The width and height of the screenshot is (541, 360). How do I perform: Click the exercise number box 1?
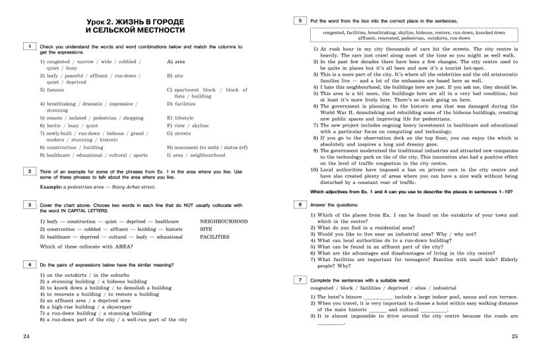click(30, 47)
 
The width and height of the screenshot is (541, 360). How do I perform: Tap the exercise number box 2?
click(30, 172)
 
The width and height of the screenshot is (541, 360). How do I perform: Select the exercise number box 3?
click(30, 206)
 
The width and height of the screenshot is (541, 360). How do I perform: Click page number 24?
click(26, 337)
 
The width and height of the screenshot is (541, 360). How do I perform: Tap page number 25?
click(515, 337)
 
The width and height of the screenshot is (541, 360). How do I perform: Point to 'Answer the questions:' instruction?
click(336, 205)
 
